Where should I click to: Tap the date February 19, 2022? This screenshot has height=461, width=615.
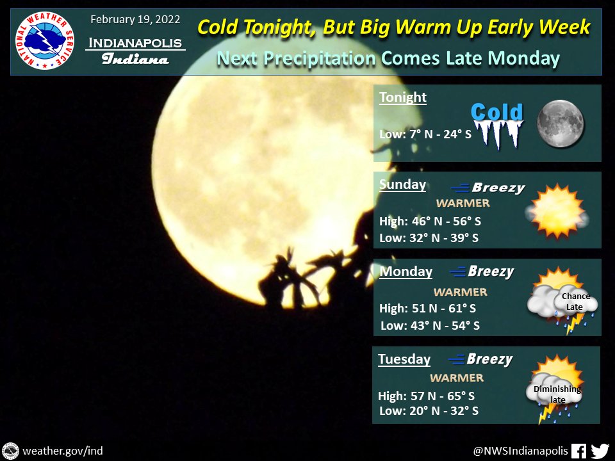click(x=135, y=19)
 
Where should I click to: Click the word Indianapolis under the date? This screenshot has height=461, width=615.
click(x=135, y=43)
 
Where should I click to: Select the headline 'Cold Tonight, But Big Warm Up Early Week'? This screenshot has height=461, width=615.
click(x=393, y=27)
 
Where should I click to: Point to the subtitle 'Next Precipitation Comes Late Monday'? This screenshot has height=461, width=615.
click(x=388, y=58)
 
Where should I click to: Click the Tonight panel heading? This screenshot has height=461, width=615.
click(x=403, y=97)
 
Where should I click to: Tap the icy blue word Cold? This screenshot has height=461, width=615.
click(x=496, y=113)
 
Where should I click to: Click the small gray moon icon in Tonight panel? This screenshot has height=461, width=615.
click(x=560, y=122)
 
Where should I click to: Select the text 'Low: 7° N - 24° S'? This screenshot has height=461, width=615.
click(x=424, y=134)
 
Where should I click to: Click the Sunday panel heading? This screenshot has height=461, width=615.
click(x=402, y=184)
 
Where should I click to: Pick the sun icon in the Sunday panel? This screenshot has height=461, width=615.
click(x=555, y=211)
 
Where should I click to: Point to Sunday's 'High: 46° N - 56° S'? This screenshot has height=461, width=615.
click(x=430, y=222)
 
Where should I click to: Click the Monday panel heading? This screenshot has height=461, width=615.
click(x=406, y=271)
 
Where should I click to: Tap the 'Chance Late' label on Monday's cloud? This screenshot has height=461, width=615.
click(x=575, y=302)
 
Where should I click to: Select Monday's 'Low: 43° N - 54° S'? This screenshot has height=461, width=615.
click(x=430, y=325)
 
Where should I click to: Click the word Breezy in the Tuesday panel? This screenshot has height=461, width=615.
click(x=489, y=359)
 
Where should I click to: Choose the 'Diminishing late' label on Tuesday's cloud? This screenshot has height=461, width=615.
click(x=557, y=394)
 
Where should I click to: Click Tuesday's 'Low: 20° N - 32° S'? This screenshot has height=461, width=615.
click(x=429, y=410)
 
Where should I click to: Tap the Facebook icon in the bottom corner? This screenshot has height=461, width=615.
click(x=578, y=451)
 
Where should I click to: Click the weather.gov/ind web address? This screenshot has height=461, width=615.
click(x=63, y=451)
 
